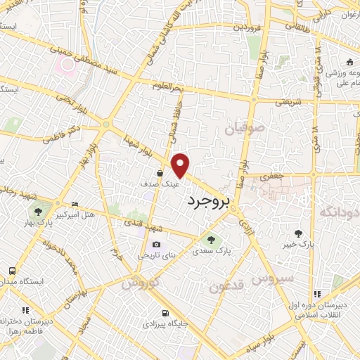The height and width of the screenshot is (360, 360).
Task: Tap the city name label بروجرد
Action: pos(209,201)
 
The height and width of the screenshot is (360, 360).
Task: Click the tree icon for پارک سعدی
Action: pos(211,241)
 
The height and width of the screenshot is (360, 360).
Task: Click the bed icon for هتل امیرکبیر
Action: pos(75,204)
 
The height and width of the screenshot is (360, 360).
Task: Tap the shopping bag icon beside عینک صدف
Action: pos(160,173)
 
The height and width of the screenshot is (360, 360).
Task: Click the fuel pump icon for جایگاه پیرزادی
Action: pos(165,314)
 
